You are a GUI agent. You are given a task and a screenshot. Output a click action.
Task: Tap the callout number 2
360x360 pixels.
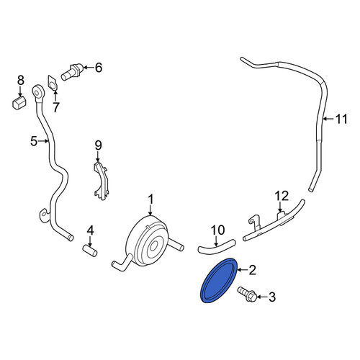pyautogui.click(x=253, y=270)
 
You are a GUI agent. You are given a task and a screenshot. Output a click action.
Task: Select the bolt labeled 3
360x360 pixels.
pyautogui.click(x=247, y=294)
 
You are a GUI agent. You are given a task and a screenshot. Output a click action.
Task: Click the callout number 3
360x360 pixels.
pyautogui.click(x=271, y=297)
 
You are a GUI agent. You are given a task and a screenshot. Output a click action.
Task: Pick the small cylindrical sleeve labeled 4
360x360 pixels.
pyautogui.click(x=90, y=250)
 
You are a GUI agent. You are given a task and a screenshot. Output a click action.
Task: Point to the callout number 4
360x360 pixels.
pyautogui.click(x=90, y=230)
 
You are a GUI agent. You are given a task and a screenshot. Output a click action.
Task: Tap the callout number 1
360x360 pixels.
pyautogui.click(x=150, y=199)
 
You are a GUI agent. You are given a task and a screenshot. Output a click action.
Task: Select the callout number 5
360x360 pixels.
pyautogui.click(x=34, y=141)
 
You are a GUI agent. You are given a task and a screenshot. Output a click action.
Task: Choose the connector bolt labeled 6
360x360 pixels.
pyautogui.click(x=72, y=72)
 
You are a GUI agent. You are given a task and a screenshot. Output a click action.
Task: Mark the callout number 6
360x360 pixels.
pyautogui.click(x=99, y=68)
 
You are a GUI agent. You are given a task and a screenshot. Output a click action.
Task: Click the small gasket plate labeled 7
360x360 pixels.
pyautogui.click(x=53, y=84)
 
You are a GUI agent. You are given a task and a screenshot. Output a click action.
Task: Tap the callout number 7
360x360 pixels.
pyautogui.click(x=55, y=107)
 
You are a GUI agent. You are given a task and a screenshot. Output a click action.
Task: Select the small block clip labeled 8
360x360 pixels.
pyautogui.click(x=19, y=102)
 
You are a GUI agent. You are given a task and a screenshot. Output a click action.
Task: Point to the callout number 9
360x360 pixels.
pyautogui.click(x=98, y=145)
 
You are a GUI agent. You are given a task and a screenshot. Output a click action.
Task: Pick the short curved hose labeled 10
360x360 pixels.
pyautogui.click(x=216, y=247)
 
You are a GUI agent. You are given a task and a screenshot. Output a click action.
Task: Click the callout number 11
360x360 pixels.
pyautogui.click(x=341, y=119)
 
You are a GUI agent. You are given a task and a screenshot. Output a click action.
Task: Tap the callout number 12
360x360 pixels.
pyautogui.click(x=282, y=196)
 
